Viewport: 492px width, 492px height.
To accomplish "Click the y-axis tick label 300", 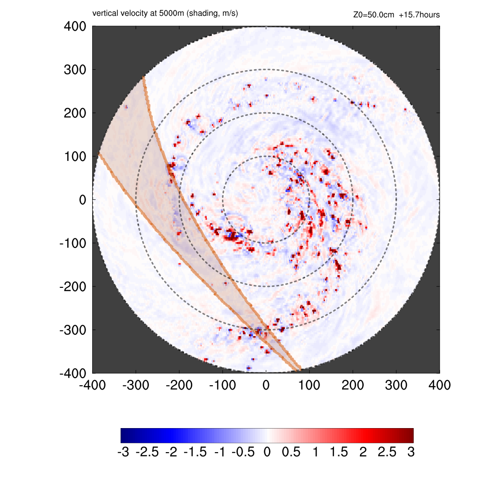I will click(75, 70).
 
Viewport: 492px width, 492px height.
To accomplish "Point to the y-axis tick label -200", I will click(73, 286).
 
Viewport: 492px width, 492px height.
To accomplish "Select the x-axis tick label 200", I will click(353, 385).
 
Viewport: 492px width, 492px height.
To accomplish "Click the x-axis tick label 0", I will click(266, 385).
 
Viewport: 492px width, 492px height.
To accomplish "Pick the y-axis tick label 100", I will click(75, 157).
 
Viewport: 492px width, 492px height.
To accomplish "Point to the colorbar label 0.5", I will click(291, 453).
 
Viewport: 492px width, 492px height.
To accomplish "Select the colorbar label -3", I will click(123, 453).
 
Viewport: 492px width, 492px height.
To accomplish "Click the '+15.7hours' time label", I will click(419, 15).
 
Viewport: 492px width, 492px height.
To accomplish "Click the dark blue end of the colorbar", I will click(124, 435).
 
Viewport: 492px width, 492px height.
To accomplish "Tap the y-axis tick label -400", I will click(73, 373).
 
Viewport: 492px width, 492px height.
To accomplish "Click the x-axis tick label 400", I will click(440, 385).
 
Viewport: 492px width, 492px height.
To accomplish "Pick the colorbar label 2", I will click(363, 453).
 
